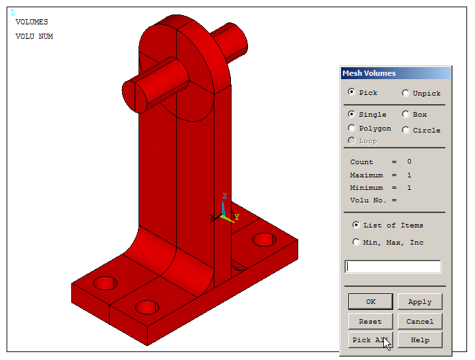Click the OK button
[370, 302]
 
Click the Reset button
[370, 322]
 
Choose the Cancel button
[420, 322]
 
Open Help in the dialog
[420, 340]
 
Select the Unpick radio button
[406, 93]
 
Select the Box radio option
[406, 114]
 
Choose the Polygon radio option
[352, 128]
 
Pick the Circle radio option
[406, 130]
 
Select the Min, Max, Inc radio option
[357, 242]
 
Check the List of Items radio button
[357, 225]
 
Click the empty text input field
[393, 267]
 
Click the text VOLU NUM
[34, 37]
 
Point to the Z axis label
[224, 196]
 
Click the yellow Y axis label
[237, 217]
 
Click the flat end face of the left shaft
[135, 94]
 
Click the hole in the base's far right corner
[264, 239]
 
